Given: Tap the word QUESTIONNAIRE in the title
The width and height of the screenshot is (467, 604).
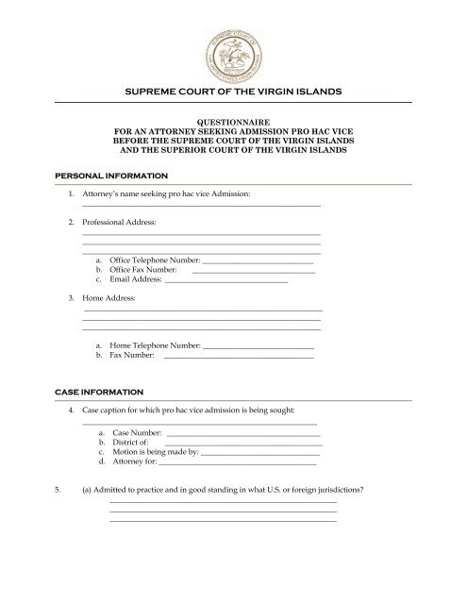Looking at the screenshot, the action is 233,122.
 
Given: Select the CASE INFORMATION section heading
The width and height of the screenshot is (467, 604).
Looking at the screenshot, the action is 99,391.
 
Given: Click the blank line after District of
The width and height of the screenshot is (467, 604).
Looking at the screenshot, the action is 243,444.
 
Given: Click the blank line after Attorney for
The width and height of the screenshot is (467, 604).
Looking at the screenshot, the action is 237,464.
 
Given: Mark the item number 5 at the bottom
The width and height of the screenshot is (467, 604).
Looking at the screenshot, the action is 58,490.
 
